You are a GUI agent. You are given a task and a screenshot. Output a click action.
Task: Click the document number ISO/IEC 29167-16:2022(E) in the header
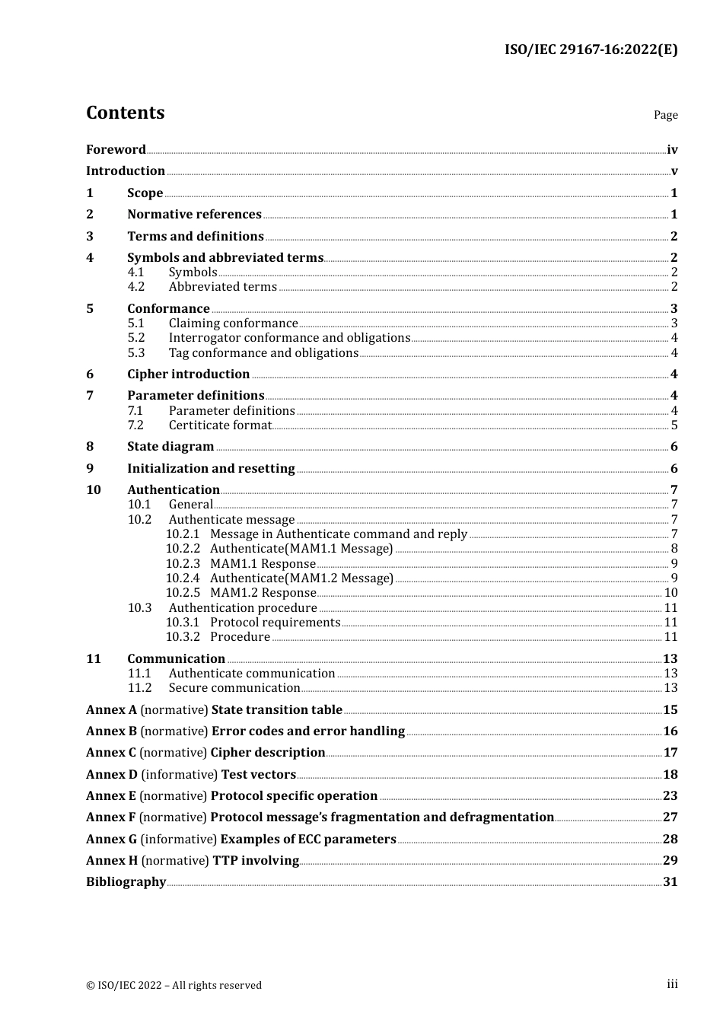[x=591, y=50]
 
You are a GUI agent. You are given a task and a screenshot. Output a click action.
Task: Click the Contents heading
[x=125, y=113]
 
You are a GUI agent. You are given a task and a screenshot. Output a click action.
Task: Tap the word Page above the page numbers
[x=665, y=115]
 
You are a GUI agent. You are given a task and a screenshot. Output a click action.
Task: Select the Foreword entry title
[x=116, y=150]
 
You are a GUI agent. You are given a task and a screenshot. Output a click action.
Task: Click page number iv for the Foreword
[x=671, y=150]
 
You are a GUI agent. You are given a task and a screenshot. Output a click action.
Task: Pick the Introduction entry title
[x=126, y=171]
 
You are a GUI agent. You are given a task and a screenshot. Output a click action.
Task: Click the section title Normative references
[x=194, y=215]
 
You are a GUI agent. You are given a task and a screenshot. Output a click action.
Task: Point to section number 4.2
[x=135, y=287]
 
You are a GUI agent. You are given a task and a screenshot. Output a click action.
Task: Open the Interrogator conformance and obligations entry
[x=289, y=338]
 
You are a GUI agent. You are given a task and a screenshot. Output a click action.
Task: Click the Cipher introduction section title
[x=188, y=374]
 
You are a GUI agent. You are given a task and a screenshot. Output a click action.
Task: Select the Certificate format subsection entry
[x=220, y=425]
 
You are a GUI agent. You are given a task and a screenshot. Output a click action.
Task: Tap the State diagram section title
[x=170, y=447]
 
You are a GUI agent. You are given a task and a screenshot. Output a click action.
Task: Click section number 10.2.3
[x=183, y=564]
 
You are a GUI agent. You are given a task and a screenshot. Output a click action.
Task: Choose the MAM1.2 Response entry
[x=263, y=593]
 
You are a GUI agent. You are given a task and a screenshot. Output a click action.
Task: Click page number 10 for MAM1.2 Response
[x=670, y=593]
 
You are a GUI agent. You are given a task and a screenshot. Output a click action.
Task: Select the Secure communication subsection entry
[x=234, y=688]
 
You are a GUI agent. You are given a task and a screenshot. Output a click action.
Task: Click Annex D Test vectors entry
[x=191, y=775]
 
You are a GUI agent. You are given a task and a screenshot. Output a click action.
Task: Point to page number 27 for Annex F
[x=670, y=817]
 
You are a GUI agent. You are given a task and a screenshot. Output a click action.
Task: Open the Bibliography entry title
[x=126, y=882]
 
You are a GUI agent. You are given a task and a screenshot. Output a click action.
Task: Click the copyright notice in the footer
[x=174, y=986]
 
